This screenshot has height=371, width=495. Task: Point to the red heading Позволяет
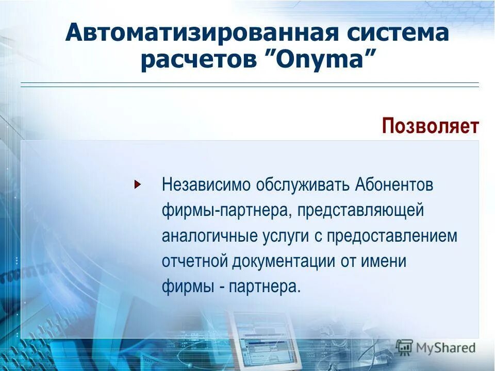click(430, 126)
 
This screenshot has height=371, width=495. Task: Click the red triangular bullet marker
click(137, 184)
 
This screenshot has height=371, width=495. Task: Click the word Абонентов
click(394, 185)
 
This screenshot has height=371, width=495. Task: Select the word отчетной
click(194, 261)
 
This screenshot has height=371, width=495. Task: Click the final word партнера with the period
click(267, 286)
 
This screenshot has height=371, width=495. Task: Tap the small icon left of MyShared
click(405, 347)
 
